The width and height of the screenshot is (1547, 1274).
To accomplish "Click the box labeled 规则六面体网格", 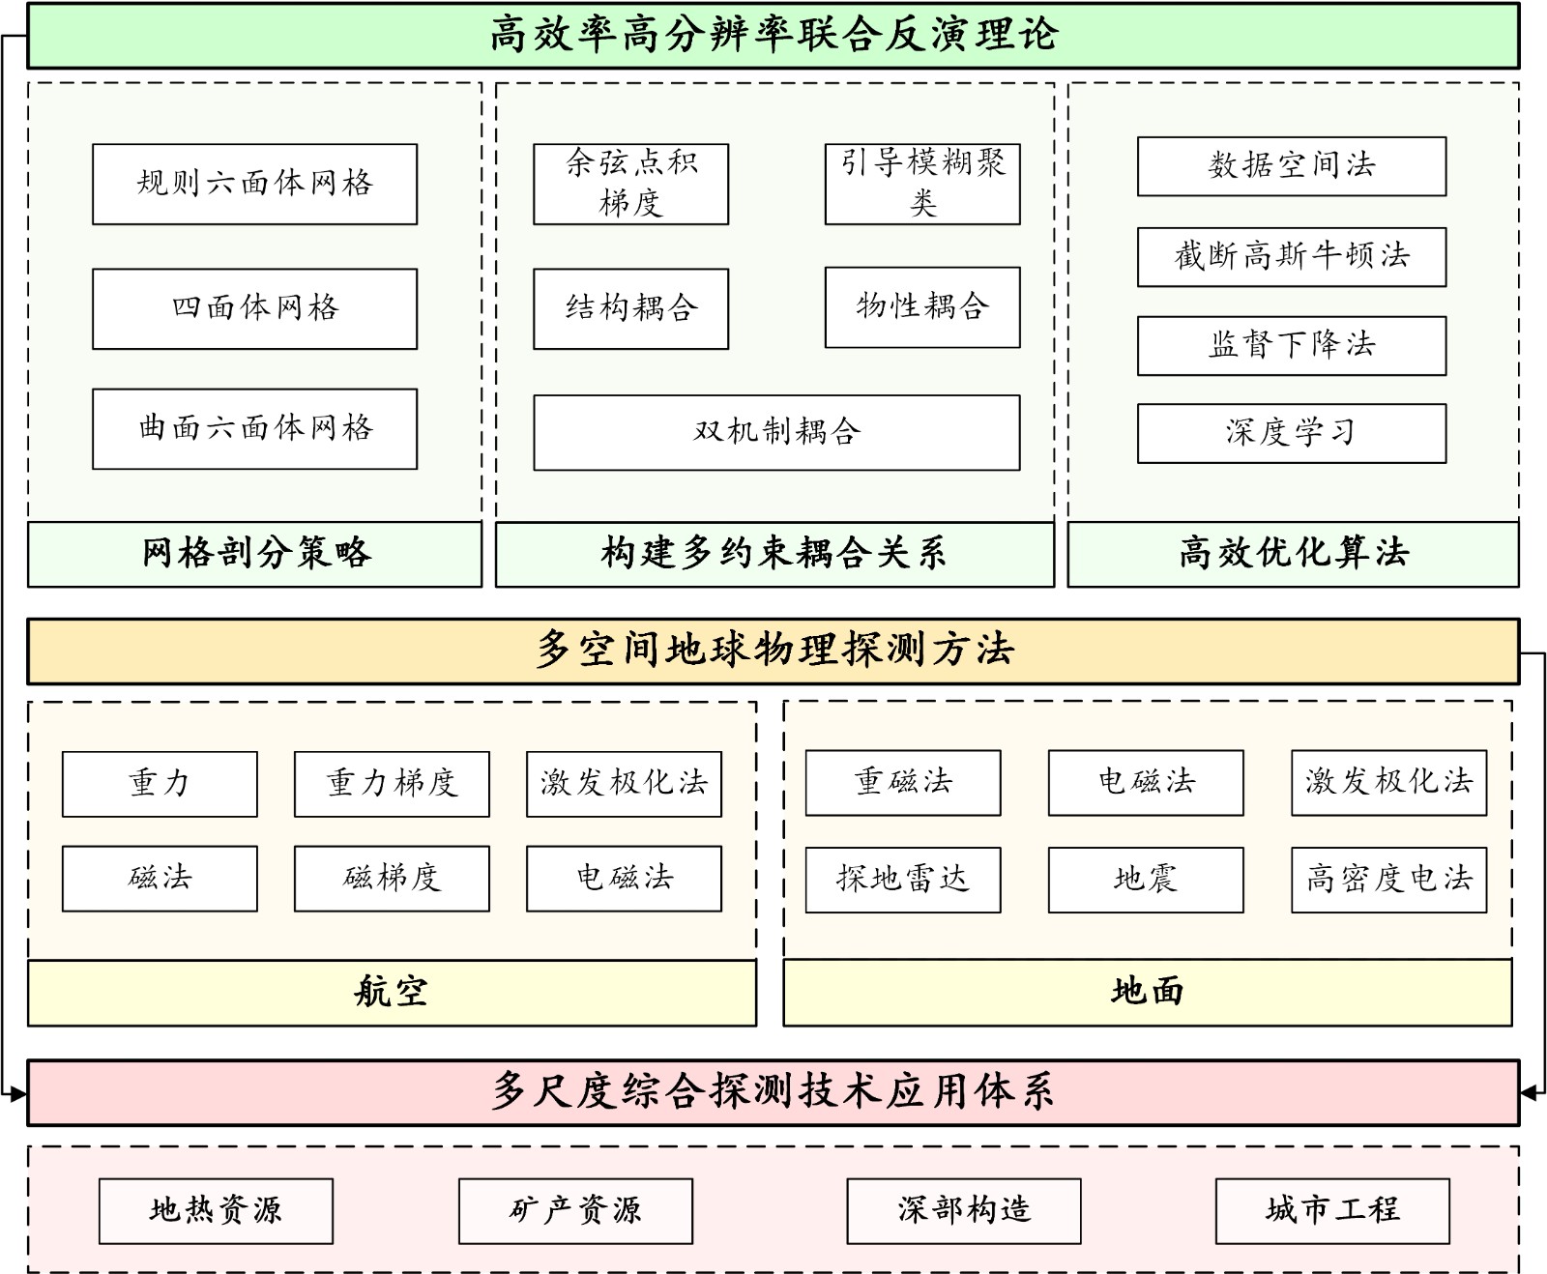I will coord(254,184).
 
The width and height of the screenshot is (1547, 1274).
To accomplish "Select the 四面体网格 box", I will coord(254,308).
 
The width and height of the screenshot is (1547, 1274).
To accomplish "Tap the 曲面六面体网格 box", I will coord(254,428).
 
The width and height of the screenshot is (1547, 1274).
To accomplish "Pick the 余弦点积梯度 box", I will coord(630,184).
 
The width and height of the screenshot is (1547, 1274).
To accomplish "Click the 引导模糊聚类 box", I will coord(922,184).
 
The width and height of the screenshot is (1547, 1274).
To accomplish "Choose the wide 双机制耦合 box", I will coord(776,432).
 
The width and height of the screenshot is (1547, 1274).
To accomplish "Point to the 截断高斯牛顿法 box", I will coord(1292,256).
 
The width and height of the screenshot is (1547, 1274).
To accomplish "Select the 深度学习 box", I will coord(1292,433).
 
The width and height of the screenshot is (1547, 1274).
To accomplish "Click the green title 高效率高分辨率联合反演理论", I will coord(773,36).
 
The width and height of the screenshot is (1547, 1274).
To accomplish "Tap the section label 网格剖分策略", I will coord(254,554).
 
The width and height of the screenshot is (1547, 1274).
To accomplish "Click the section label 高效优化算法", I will coord(1293,554).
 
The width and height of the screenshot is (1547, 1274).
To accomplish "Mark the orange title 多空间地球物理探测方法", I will coord(773,651).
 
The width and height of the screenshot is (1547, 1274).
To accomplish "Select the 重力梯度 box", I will coord(392,784).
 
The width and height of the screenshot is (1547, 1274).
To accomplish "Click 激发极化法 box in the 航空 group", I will coord(624,784).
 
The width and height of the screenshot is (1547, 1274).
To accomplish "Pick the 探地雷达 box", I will coord(903,880).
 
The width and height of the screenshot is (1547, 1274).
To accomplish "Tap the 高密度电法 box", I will coord(1388,880).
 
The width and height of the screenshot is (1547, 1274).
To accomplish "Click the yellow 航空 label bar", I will coord(392,993).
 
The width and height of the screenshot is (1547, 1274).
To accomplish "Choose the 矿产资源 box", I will coord(575,1210).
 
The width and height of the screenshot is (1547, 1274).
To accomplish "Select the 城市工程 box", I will coord(1332,1210).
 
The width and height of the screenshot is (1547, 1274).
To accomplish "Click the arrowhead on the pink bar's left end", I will coord(18,1094).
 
